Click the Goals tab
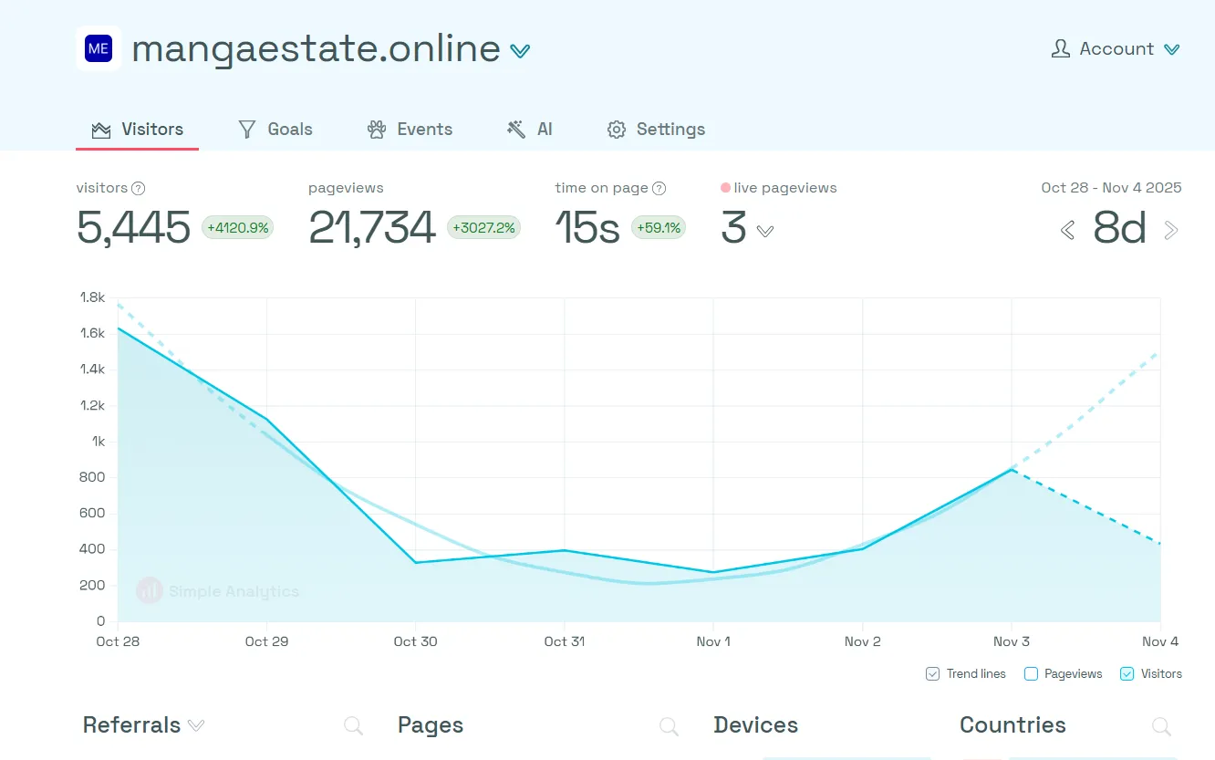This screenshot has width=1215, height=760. point(275,130)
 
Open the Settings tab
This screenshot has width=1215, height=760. point(656,130)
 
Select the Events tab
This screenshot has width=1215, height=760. point(410,130)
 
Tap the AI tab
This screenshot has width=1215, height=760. point(530,130)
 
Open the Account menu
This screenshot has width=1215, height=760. point(1116,49)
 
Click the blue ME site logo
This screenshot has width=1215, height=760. point(99,49)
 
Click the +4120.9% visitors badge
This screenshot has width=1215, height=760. point(237,228)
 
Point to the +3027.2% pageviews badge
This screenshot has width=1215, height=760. point(483,228)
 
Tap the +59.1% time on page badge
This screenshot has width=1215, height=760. point(658,228)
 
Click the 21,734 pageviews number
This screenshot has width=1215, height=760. point(372,228)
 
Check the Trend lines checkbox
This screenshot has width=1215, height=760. point(932,674)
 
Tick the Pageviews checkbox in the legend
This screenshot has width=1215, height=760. point(1031,674)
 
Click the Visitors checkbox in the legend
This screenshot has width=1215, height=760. point(1127,674)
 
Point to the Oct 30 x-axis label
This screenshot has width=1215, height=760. point(415,641)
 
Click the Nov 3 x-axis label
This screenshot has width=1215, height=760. point(1012,641)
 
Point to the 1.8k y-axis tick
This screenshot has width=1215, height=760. point(92,297)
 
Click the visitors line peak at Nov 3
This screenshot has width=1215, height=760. point(1012,469)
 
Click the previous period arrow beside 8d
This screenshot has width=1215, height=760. point(1067,230)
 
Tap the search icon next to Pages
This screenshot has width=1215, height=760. point(669,726)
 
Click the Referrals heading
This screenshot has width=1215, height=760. point(131,725)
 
